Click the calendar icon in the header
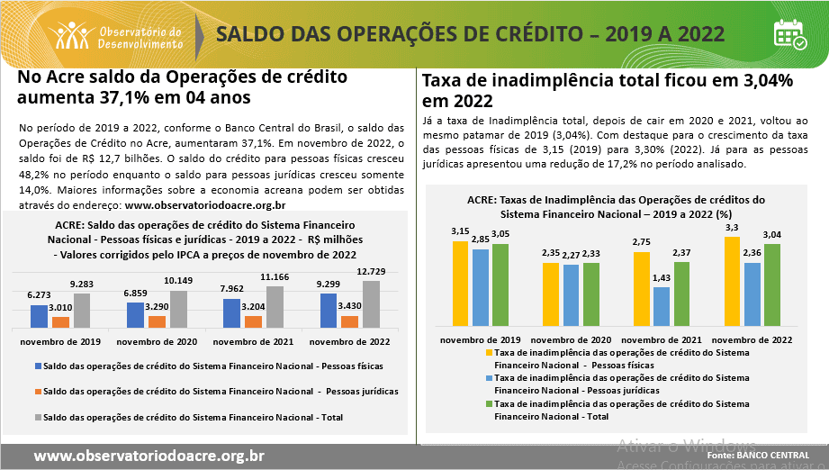790,33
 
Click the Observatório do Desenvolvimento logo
119,35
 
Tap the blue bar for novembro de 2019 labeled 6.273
39,316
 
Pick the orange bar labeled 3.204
254,321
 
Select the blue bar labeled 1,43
662,306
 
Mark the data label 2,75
642,243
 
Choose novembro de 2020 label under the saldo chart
157,343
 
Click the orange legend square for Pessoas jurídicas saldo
37,393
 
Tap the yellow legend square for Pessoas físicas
489,353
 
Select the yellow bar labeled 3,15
460,283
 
